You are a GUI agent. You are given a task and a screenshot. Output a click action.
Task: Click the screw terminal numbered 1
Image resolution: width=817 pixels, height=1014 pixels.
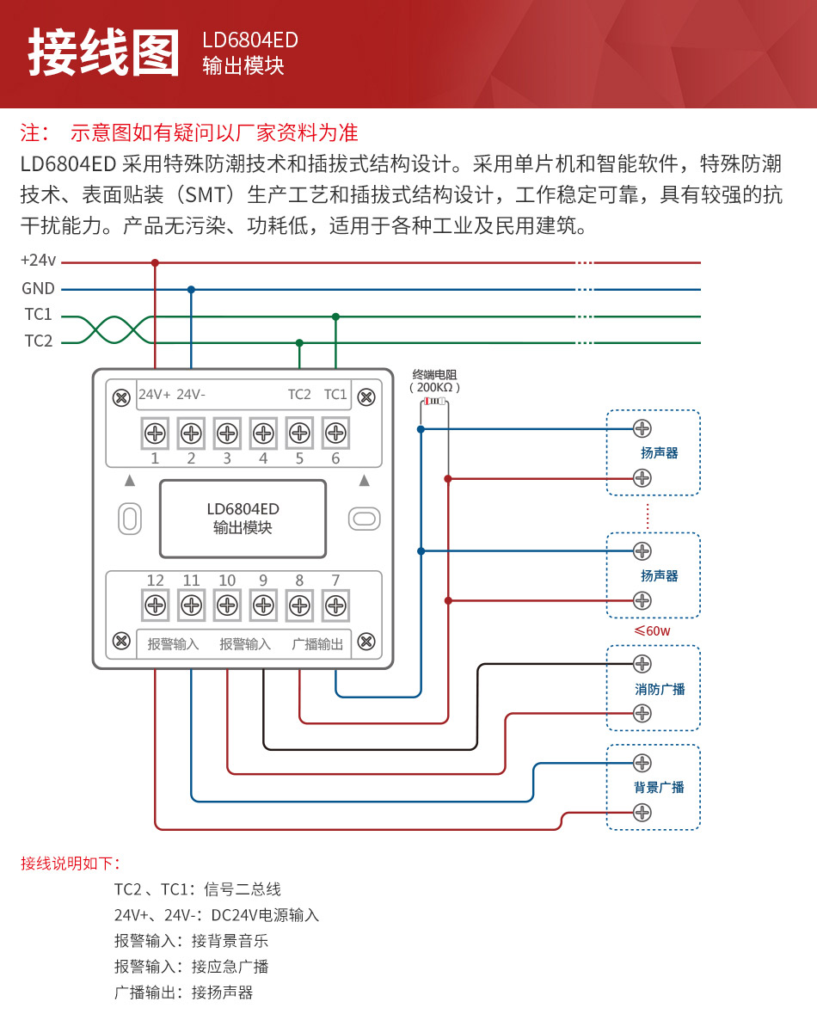coord(155,432)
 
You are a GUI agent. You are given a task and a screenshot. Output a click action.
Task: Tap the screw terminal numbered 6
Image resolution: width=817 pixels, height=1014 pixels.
coord(335,432)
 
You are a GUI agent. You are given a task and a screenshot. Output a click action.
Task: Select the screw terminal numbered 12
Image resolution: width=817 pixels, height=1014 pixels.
coord(155,605)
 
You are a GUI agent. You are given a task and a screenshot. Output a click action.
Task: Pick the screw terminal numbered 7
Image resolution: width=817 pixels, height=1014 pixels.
coord(335,605)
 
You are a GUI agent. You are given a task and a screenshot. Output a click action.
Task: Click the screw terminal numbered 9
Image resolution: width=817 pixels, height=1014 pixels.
coord(263,605)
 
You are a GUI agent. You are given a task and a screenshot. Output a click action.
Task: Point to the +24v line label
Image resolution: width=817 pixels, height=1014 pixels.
coord(38,261)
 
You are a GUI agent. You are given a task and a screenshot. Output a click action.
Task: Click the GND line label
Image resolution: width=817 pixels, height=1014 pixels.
coord(38,289)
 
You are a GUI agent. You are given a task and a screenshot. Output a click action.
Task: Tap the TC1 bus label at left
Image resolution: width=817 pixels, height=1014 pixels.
coord(38,315)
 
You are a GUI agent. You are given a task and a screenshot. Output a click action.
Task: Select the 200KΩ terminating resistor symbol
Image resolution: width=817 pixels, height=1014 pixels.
coord(433,402)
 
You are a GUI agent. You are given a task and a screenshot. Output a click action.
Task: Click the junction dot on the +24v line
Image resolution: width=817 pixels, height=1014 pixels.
coord(155,262)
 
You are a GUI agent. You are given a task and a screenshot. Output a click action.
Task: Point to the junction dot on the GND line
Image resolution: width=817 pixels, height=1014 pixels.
coord(191,290)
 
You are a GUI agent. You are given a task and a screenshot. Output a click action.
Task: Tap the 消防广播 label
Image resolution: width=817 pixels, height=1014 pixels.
coord(660,690)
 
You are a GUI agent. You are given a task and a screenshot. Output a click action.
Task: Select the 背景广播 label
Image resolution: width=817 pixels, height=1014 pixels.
coord(659,788)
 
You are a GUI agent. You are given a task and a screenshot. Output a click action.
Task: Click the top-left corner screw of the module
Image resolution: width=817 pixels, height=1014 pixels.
coord(121,396)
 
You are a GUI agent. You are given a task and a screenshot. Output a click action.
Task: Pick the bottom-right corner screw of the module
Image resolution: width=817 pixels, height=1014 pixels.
coord(365,641)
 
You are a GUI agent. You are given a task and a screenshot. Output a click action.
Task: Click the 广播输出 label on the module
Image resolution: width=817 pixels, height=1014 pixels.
coord(317,644)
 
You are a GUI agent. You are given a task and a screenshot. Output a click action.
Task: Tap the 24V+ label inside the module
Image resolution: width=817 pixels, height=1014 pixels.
coord(155,395)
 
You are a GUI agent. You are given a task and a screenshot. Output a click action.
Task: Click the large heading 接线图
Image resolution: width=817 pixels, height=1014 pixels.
coord(104,53)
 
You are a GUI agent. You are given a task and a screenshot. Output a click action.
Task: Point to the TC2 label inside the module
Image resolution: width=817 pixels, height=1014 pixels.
coord(299,395)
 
